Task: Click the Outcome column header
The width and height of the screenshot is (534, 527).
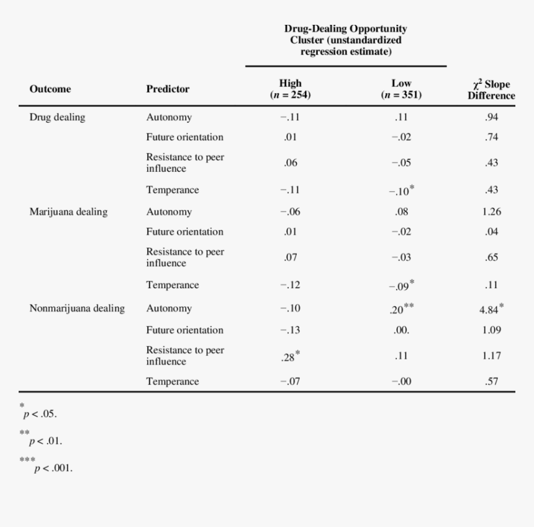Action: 50,89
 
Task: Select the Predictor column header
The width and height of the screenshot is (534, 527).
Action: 168,89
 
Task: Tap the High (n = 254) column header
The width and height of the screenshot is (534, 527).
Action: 290,89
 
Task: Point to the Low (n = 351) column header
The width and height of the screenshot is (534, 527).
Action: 401,89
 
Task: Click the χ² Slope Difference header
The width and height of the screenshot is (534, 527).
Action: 492,89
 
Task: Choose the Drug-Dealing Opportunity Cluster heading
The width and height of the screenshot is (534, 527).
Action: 346,40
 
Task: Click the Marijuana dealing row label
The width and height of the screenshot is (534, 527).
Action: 68,212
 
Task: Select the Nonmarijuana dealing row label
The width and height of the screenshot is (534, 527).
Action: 77,309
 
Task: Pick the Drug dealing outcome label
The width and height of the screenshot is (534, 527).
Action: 57,117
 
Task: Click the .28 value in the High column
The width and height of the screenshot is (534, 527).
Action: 289,356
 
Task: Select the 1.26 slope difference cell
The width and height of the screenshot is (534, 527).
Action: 491,212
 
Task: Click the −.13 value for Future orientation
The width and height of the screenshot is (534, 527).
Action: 290,330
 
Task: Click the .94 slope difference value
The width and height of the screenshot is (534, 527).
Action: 491,117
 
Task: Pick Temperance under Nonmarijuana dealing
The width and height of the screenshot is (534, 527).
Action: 173,382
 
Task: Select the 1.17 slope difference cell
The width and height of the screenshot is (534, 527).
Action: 491,356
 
